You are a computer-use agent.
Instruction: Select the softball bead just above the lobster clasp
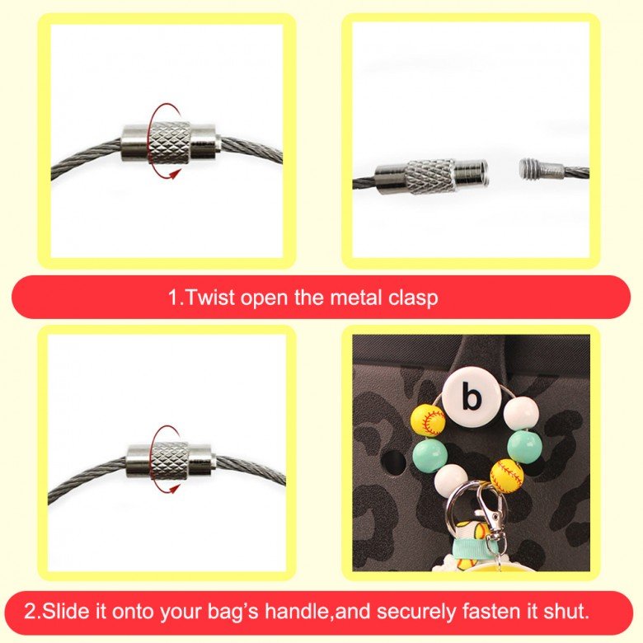pyautogui.click(x=507, y=476)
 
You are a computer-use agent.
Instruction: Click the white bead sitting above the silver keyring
pyautogui.click(x=451, y=482)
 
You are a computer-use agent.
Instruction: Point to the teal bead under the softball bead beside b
pyautogui.click(x=429, y=456)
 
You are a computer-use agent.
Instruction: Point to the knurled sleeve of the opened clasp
pyautogui.click(x=429, y=176)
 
